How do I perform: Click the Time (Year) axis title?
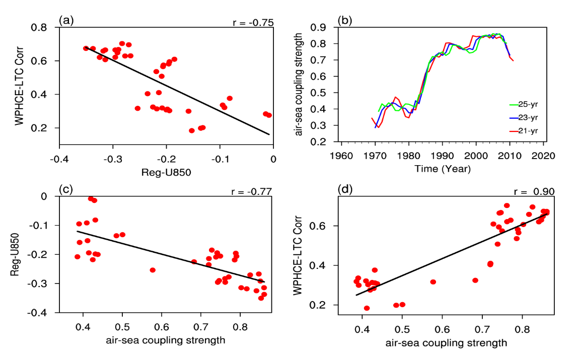pos(443,169)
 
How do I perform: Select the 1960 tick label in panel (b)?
pos(342,155)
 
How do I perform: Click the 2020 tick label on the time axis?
pos(544,155)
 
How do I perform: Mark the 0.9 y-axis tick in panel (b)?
pos(321,27)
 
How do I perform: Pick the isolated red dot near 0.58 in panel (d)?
pos(433,282)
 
